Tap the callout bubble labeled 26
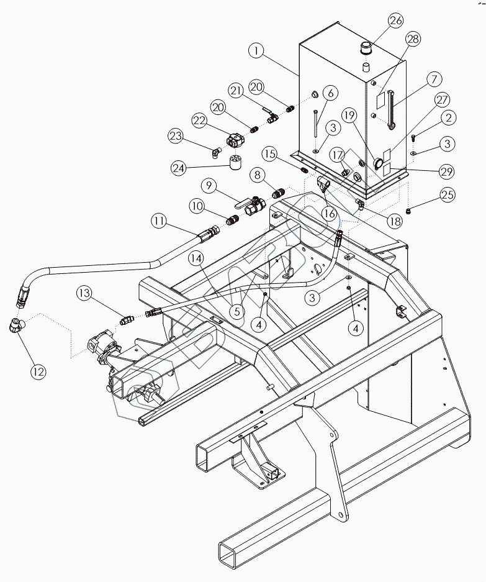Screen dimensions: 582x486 [396, 21]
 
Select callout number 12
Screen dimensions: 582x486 [38, 371]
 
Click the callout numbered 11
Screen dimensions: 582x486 [160, 221]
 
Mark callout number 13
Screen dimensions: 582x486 [85, 292]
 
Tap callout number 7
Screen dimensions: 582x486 [433, 80]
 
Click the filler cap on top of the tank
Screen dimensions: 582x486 [365, 48]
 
